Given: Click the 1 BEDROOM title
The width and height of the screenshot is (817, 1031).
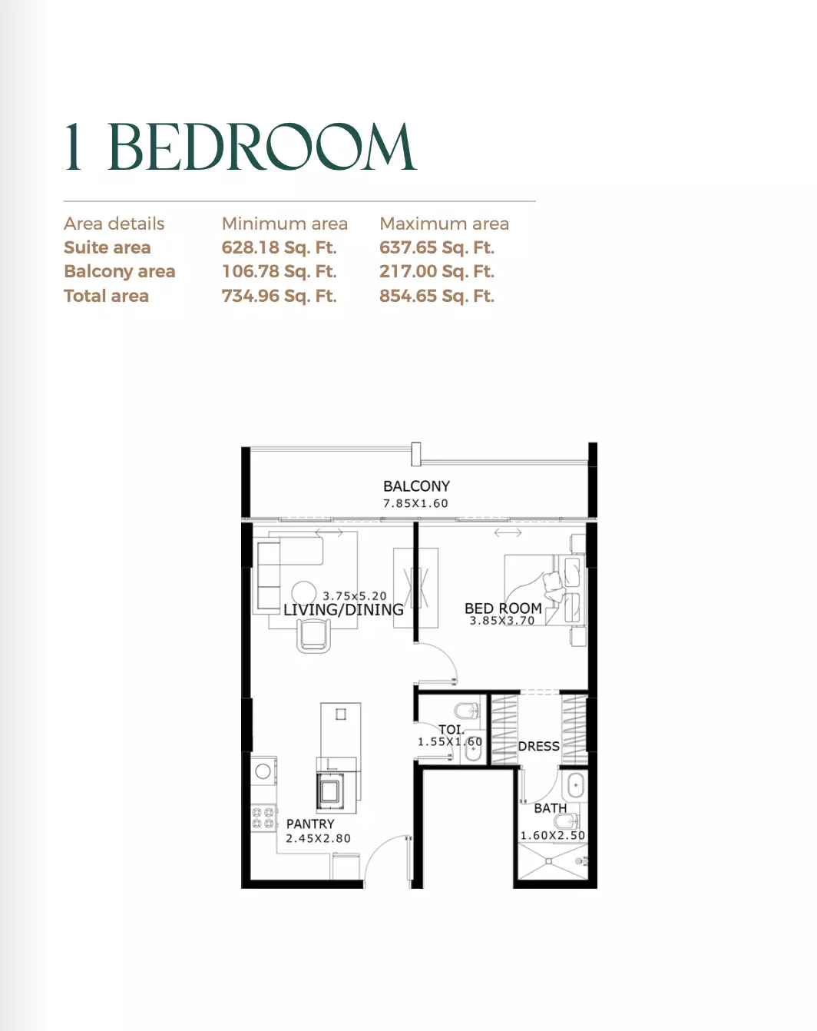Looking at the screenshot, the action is (x=240, y=147).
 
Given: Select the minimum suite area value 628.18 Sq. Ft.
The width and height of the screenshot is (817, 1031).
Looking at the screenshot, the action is (x=279, y=247).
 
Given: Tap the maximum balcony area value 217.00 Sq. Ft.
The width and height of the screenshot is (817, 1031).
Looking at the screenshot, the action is (x=437, y=272).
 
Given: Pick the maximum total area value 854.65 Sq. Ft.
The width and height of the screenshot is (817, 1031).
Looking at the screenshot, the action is (x=437, y=296).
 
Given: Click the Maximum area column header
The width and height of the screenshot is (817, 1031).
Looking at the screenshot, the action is (x=445, y=224).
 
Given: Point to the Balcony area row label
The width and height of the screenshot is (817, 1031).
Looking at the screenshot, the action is (x=120, y=272).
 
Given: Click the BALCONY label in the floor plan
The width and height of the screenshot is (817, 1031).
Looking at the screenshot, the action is (x=416, y=486).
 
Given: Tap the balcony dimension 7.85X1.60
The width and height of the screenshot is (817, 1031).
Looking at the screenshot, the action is (x=415, y=503).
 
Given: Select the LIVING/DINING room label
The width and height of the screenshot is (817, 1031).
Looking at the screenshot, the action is (x=343, y=610).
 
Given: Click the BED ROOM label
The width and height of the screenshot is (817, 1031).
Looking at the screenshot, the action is (x=503, y=608).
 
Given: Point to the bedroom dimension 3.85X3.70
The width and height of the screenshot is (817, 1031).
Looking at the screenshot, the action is (x=502, y=622).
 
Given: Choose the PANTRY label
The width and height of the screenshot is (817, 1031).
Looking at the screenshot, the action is (x=310, y=824).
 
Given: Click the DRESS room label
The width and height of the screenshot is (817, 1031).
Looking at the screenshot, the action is (x=539, y=747).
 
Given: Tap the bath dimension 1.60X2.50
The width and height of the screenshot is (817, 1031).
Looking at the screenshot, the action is (x=553, y=836).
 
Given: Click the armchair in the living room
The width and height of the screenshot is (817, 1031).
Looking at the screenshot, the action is (x=314, y=636).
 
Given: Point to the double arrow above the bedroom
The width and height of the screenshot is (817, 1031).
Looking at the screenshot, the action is (x=508, y=532).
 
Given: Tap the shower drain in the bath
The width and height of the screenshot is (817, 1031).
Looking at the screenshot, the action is (x=548, y=861).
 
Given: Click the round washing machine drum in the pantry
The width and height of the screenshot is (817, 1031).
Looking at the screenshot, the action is (x=263, y=771).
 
